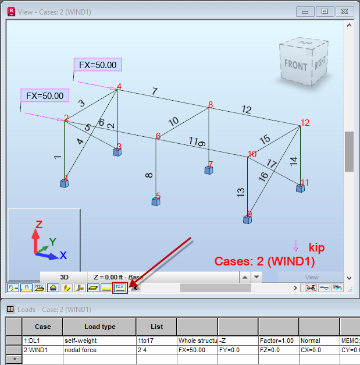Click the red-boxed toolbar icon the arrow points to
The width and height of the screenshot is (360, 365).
[x=120, y=288]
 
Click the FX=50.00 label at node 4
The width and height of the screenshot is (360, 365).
[x=98, y=65]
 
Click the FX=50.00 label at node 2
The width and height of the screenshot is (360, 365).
[x=44, y=95]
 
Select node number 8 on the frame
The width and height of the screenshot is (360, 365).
[x=211, y=105]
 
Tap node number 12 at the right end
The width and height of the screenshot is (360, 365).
[x=305, y=123]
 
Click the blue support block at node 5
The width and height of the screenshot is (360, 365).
[x=156, y=201]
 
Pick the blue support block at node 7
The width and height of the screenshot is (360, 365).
[x=208, y=170]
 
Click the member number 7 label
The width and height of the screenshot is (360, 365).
[x=154, y=91]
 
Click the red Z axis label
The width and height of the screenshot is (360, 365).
[x=38, y=224]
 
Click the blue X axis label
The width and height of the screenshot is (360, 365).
[x=63, y=256]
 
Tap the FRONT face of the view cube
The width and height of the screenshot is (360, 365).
[x=295, y=65]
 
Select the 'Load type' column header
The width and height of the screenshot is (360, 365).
[x=99, y=327]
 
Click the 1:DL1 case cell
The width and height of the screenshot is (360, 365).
[x=42, y=341]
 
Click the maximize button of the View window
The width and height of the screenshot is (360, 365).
[x=325, y=11]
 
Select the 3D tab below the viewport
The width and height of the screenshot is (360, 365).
[x=64, y=277]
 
